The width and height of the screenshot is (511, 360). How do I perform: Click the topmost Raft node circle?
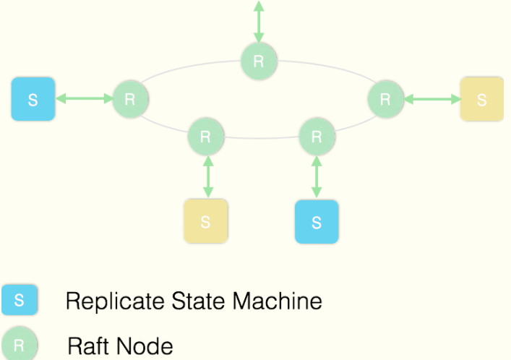[259, 61]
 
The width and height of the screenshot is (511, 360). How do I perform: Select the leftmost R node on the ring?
[130, 99]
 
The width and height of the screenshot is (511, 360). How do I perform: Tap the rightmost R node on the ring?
[385, 99]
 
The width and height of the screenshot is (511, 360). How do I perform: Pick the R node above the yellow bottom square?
[206, 137]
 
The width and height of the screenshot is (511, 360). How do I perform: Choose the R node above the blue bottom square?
[317, 137]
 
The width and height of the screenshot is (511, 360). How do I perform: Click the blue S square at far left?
[33, 99]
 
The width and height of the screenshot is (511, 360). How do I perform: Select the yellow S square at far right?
[482, 99]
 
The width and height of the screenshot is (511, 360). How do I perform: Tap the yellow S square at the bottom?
[206, 221]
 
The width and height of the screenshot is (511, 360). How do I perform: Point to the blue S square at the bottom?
[317, 222]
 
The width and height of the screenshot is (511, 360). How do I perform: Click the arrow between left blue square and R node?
[84, 98]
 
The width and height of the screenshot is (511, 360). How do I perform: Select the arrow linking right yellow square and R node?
[432, 99]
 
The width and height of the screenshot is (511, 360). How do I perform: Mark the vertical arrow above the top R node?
[259, 22]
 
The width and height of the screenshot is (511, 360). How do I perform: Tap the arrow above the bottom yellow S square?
[208, 176]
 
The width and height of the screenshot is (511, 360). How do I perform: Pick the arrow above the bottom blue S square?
[317, 176]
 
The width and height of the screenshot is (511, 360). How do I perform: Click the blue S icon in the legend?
[20, 300]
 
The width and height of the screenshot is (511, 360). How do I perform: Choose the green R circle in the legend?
[20, 343]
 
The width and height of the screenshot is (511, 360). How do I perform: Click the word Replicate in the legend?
[115, 301]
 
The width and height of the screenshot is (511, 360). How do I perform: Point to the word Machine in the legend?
[278, 300]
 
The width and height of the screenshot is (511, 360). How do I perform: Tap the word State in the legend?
[199, 300]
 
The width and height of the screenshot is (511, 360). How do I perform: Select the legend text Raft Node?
[120, 346]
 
